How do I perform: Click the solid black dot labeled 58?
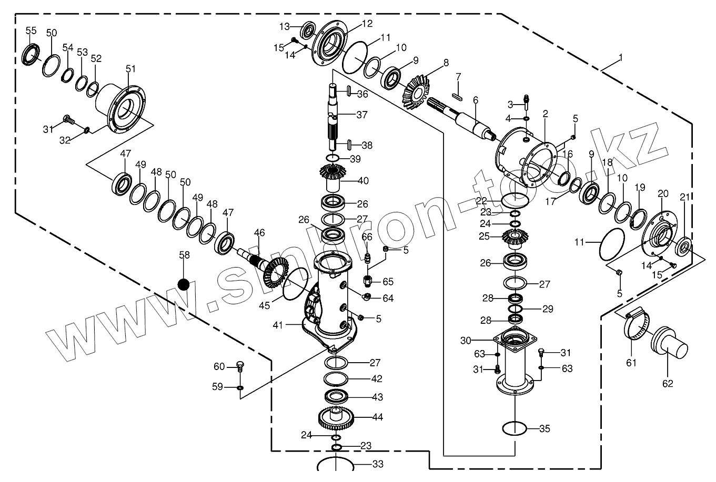pyautogui.click(x=183, y=284)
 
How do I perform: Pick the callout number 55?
pyautogui.click(x=31, y=31)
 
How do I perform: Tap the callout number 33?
pyautogui.click(x=378, y=464)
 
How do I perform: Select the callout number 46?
pyautogui.click(x=259, y=232)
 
